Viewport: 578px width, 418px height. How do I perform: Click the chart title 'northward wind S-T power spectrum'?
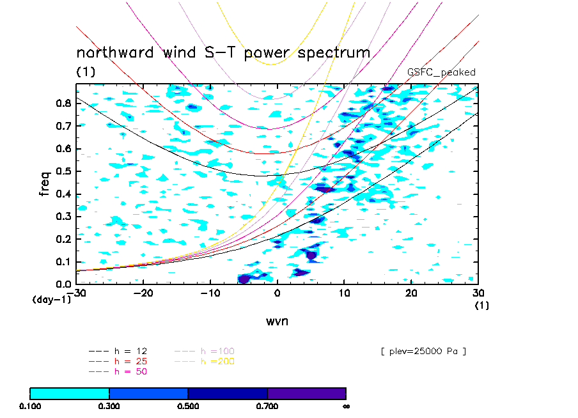pos(223,52)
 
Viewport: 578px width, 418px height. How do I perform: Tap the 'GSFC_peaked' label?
pos(441,72)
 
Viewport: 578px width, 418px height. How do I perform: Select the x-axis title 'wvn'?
pos(277,321)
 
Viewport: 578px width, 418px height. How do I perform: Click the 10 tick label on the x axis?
pos(344,293)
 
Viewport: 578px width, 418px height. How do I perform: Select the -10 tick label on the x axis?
pos(210,293)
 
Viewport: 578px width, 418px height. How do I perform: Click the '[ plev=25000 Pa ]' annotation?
pos(423,351)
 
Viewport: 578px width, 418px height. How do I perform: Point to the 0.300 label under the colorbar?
pos(109,406)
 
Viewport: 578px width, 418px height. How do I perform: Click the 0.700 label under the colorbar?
pos(267,406)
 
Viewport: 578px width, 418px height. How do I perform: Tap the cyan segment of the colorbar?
pos(70,393)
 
